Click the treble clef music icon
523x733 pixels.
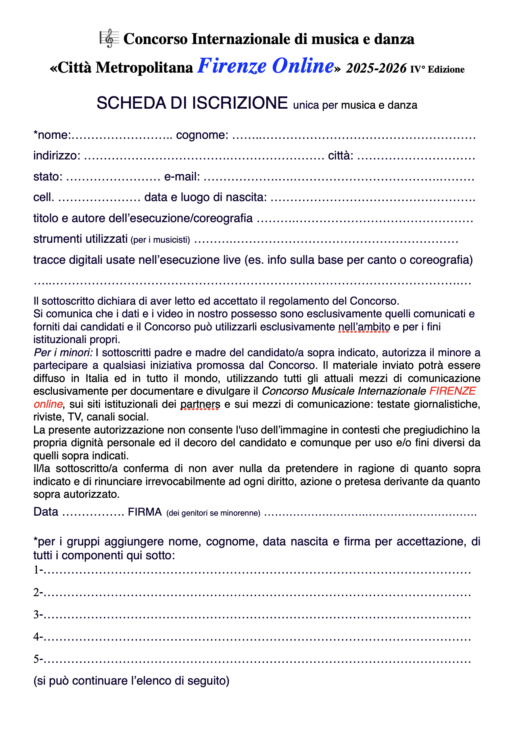tap(109, 38)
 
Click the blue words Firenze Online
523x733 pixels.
tap(265, 66)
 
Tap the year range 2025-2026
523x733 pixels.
tap(376, 69)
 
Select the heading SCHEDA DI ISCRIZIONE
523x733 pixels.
tap(192, 103)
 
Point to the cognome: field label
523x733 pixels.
tap(202, 135)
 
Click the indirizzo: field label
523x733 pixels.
tap(57, 155)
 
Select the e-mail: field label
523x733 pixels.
tap(182, 177)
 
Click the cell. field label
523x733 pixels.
tap(44, 197)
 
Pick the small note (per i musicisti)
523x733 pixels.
tap(160, 240)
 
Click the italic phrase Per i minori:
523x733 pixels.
tap(63, 352)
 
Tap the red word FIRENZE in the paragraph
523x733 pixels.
tap(452, 391)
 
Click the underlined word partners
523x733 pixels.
tap(200, 404)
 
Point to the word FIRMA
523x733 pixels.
tap(144, 512)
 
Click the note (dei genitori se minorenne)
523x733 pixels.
tap(213, 513)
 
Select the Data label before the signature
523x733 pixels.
tap(46, 512)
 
